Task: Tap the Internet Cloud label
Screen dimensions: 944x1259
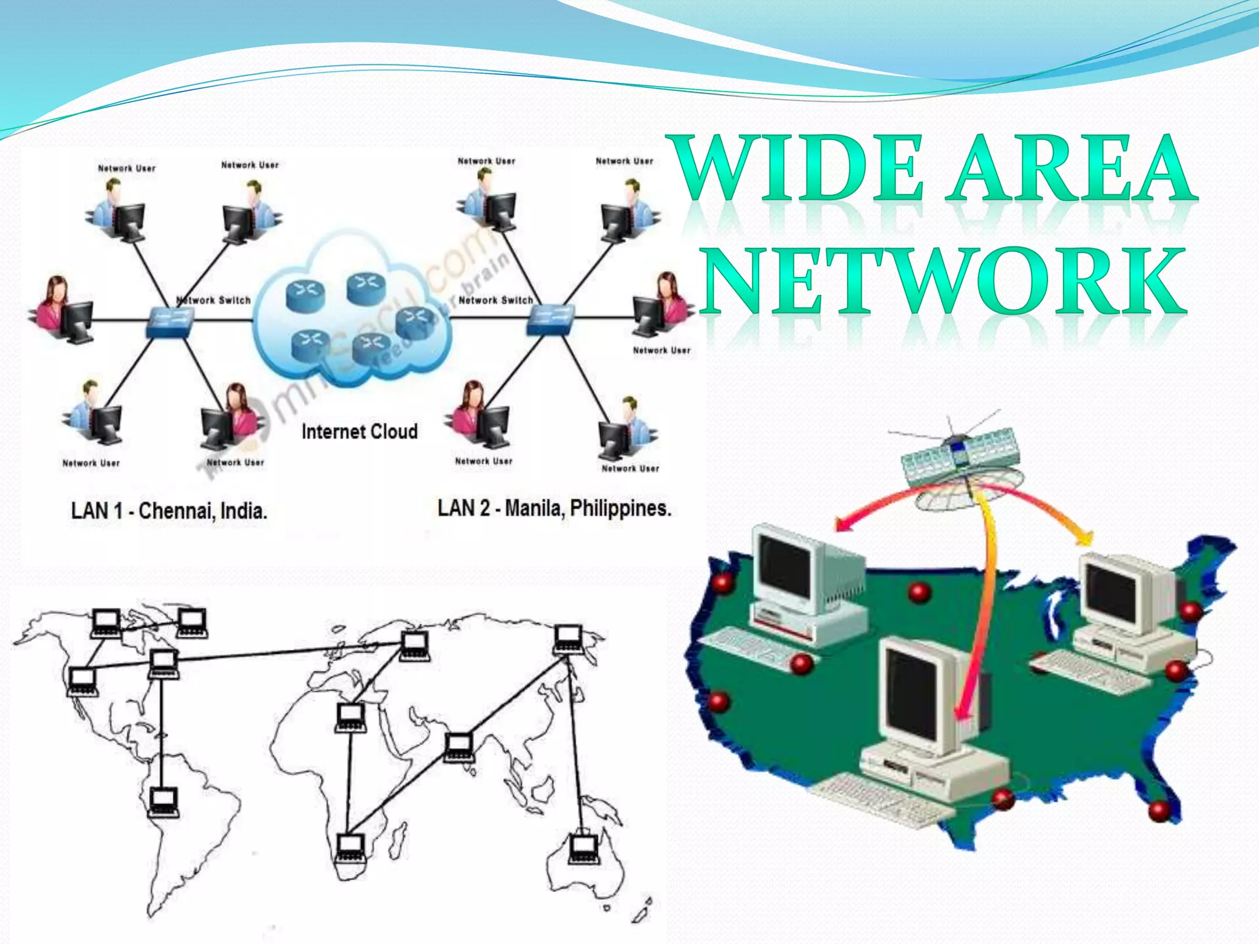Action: (x=360, y=431)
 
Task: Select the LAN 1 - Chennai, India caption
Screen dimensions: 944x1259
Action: (x=169, y=511)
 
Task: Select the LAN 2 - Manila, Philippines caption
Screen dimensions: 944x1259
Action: (x=554, y=508)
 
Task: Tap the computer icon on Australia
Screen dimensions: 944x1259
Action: (x=583, y=849)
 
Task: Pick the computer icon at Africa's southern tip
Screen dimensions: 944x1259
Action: (x=350, y=849)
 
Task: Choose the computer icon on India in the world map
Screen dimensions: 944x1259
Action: (x=459, y=747)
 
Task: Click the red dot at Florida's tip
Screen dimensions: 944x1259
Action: (x=1159, y=810)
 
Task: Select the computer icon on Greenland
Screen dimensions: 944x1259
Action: (x=191, y=622)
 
